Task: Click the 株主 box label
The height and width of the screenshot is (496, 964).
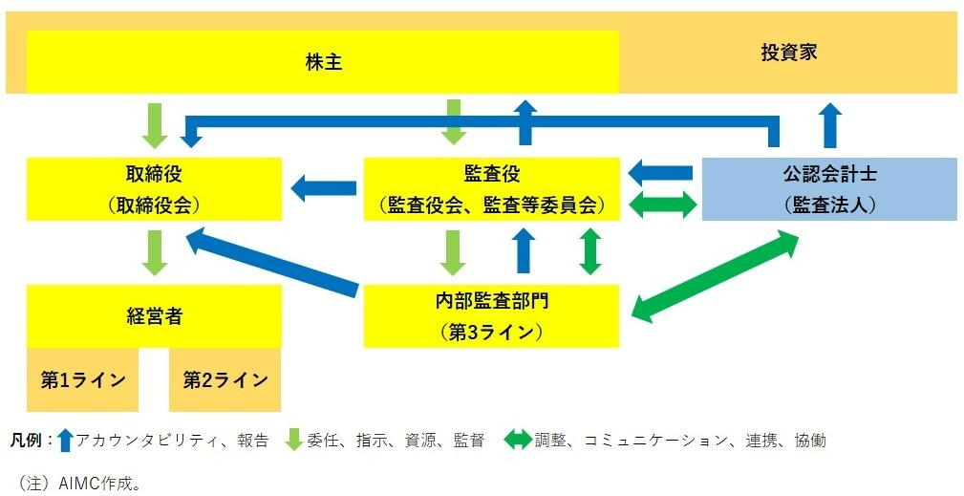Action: coord(323,63)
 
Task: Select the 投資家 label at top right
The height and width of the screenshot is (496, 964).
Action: coord(788,53)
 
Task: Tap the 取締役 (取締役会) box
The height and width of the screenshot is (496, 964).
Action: coord(154,189)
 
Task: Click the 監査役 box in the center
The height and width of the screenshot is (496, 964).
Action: coord(491,189)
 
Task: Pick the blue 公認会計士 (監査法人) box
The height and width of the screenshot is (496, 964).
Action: coord(828,189)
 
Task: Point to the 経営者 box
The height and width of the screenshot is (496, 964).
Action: coord(154,316)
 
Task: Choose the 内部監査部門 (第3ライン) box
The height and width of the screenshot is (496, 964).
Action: coord(491,316)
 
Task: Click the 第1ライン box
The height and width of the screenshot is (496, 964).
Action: coord(82,380)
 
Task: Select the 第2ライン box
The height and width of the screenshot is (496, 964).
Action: coord(225,380)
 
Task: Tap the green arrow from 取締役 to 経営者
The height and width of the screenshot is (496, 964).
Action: coord(154,252)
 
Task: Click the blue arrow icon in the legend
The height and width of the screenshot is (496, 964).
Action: coord(65,441)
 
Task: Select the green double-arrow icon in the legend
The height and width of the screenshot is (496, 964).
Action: coord(516,441)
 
